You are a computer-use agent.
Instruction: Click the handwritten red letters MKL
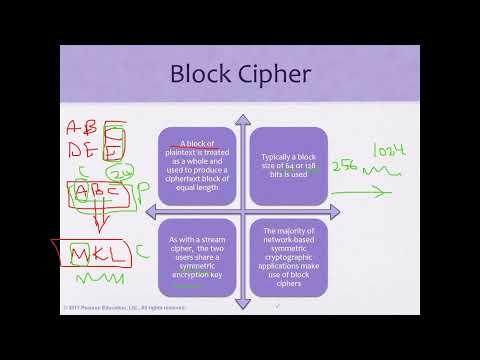pyautogui.click(x=100, y=255)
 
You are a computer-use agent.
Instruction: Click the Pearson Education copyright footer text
pyautogui.click(x=107, y=307)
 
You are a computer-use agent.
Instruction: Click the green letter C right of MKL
pyautogui.click(x=142, y=253)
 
